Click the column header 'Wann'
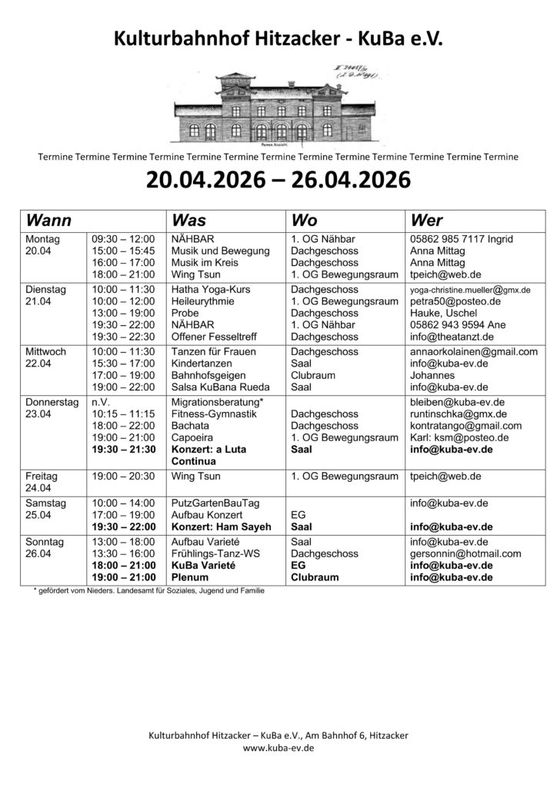click(49, 220)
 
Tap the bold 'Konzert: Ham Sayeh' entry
click(220, 526)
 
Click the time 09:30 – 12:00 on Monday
click(123, 240)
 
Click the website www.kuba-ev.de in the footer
click(278, 747)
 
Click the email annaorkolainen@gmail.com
click(473, 352)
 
